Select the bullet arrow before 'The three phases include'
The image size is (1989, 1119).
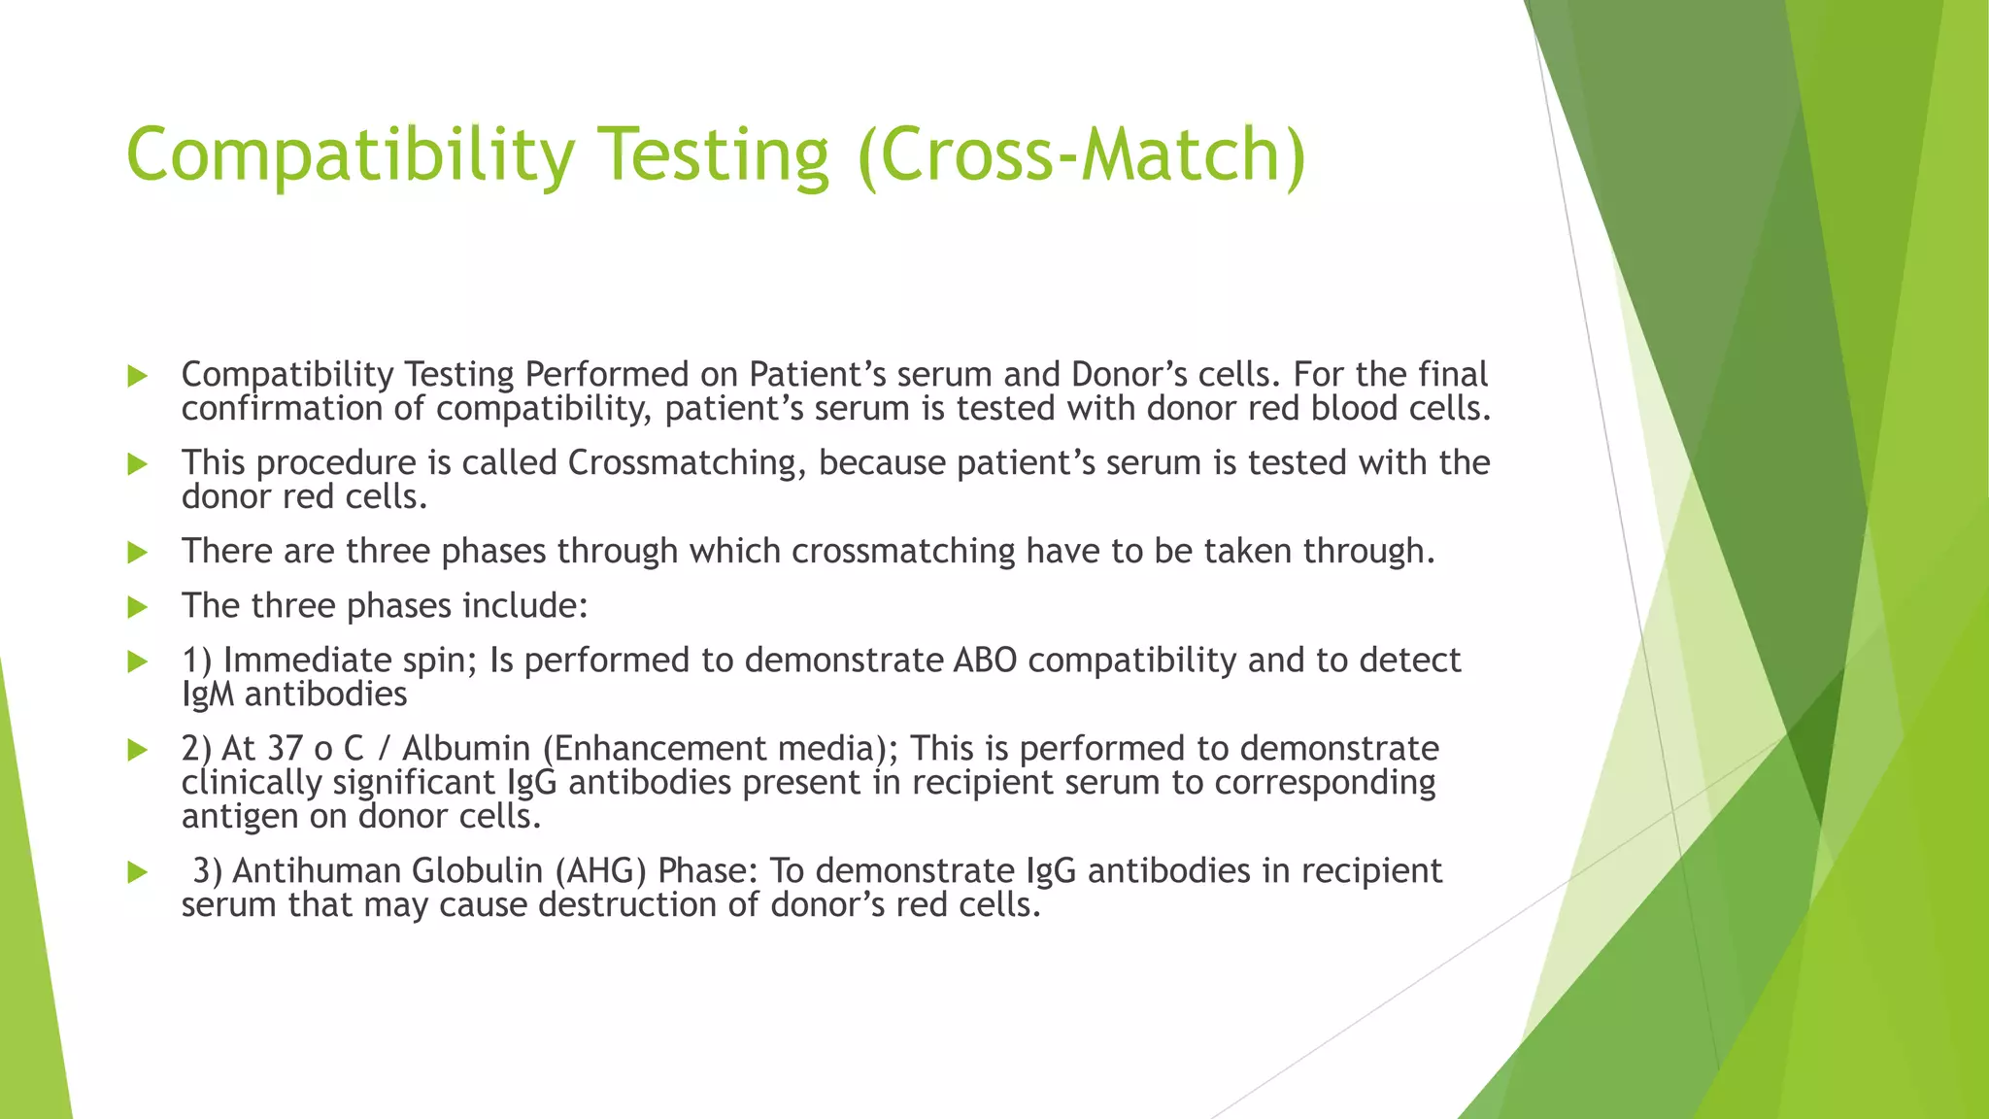click(x=138, y=607)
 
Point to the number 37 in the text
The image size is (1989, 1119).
click(x=286, y=749)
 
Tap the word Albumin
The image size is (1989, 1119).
click(x=465, y=749)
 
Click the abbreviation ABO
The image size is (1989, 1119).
click(x=985, y=661)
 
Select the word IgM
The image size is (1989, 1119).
click(x=207, y=695)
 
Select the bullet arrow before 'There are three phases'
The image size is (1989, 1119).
click(x=138, y=553)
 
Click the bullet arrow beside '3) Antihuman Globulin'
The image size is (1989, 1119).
click(x=138, y=871)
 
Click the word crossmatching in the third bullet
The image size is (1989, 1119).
click(x=903, y=552)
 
